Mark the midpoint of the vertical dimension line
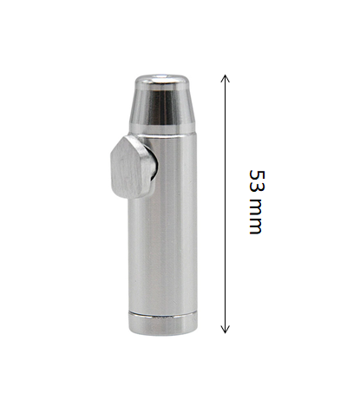coord(226,204)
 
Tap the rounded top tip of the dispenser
coord(161,79)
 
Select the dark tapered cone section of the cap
coord(161,104)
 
